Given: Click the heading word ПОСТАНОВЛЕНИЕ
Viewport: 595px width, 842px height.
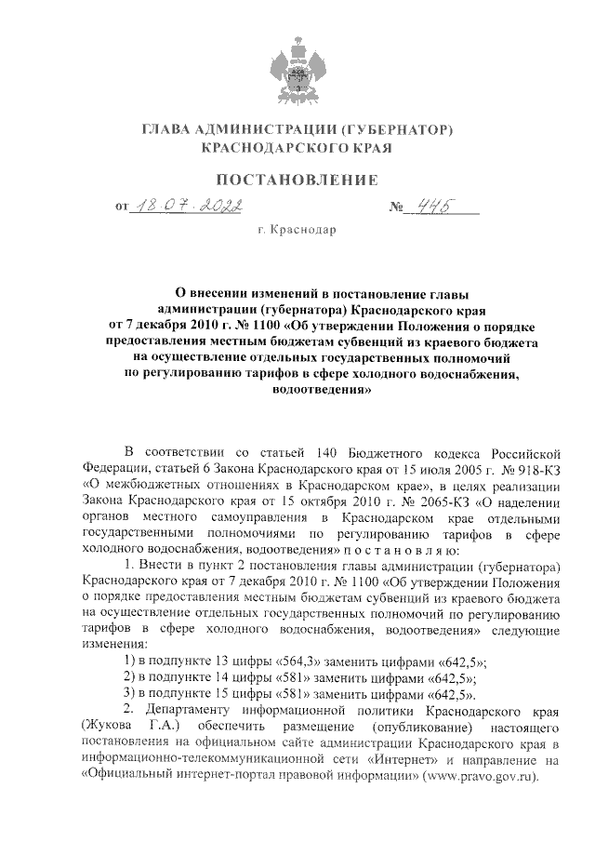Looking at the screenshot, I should tap(297, 179).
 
